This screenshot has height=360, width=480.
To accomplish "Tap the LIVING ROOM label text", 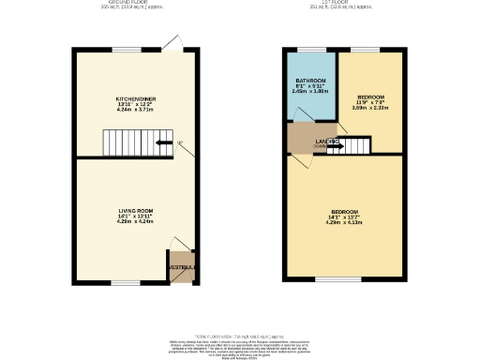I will click(136, 211).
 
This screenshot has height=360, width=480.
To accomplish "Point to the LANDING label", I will click(327, 142).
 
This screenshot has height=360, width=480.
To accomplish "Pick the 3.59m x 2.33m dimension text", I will click(368, 108).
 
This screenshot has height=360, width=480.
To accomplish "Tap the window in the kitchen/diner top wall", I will click(119, 50).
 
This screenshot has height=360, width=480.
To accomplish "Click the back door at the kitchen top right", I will click(173, 42).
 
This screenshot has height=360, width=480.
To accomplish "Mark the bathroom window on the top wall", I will click(310, 49).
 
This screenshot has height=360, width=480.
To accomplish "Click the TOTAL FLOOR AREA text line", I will click(240, 334).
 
